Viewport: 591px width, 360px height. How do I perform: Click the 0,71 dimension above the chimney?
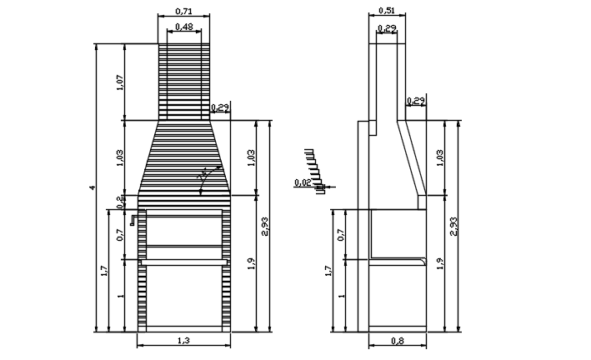pos(184,12)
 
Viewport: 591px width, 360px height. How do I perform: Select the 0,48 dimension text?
pos(184,27)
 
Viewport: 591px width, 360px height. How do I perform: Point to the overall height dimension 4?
pos(93,187)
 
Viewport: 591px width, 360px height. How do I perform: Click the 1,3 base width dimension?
pos(183,340)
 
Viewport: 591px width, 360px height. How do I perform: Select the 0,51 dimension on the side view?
pos(386,11)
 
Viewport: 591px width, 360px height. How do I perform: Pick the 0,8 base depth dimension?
pos(397,340)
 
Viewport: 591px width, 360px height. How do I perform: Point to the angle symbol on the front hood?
pos(203,177)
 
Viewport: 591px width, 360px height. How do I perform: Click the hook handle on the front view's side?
pos(132,221)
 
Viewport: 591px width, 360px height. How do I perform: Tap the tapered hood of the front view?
pos(184,158)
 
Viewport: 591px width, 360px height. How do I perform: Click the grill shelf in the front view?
pos(184,262)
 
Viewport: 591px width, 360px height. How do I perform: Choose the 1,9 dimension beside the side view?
pos(439,262)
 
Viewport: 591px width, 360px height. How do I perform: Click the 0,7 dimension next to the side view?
pos(341,234)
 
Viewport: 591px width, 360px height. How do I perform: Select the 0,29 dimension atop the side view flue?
pos(386,28)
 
